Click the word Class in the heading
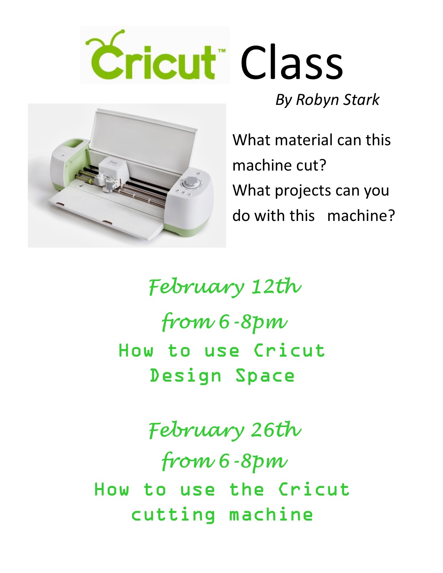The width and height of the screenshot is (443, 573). click(x=292, y=63)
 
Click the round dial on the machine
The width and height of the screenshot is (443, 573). click(x=189, y=182)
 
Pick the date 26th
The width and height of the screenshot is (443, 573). click(x=276, y=430)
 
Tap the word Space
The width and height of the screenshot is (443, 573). click(x=265, y=376)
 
